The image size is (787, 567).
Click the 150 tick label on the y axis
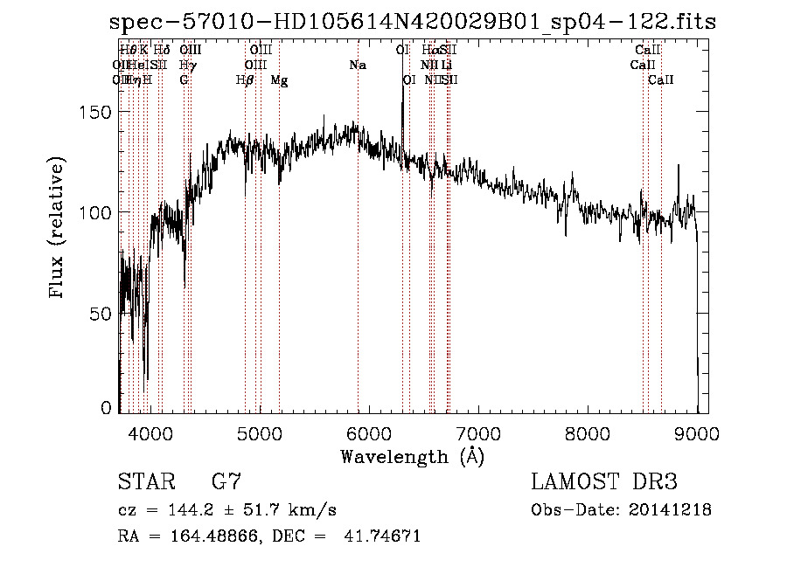coord(98,112)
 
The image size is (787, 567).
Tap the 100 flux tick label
coord(98,212)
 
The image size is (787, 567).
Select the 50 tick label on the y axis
coord(102,313)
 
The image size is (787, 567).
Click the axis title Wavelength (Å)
coord(412,455)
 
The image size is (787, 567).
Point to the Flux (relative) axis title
coord(59,229)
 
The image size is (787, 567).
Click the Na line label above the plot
coord(357,65)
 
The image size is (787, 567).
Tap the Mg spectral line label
coord(279,80)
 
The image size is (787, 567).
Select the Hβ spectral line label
coord(245,80)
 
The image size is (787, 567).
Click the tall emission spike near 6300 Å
coord(402,96)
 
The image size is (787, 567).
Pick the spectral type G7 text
coord(226,481)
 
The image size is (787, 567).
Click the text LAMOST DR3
coord(604,481)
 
